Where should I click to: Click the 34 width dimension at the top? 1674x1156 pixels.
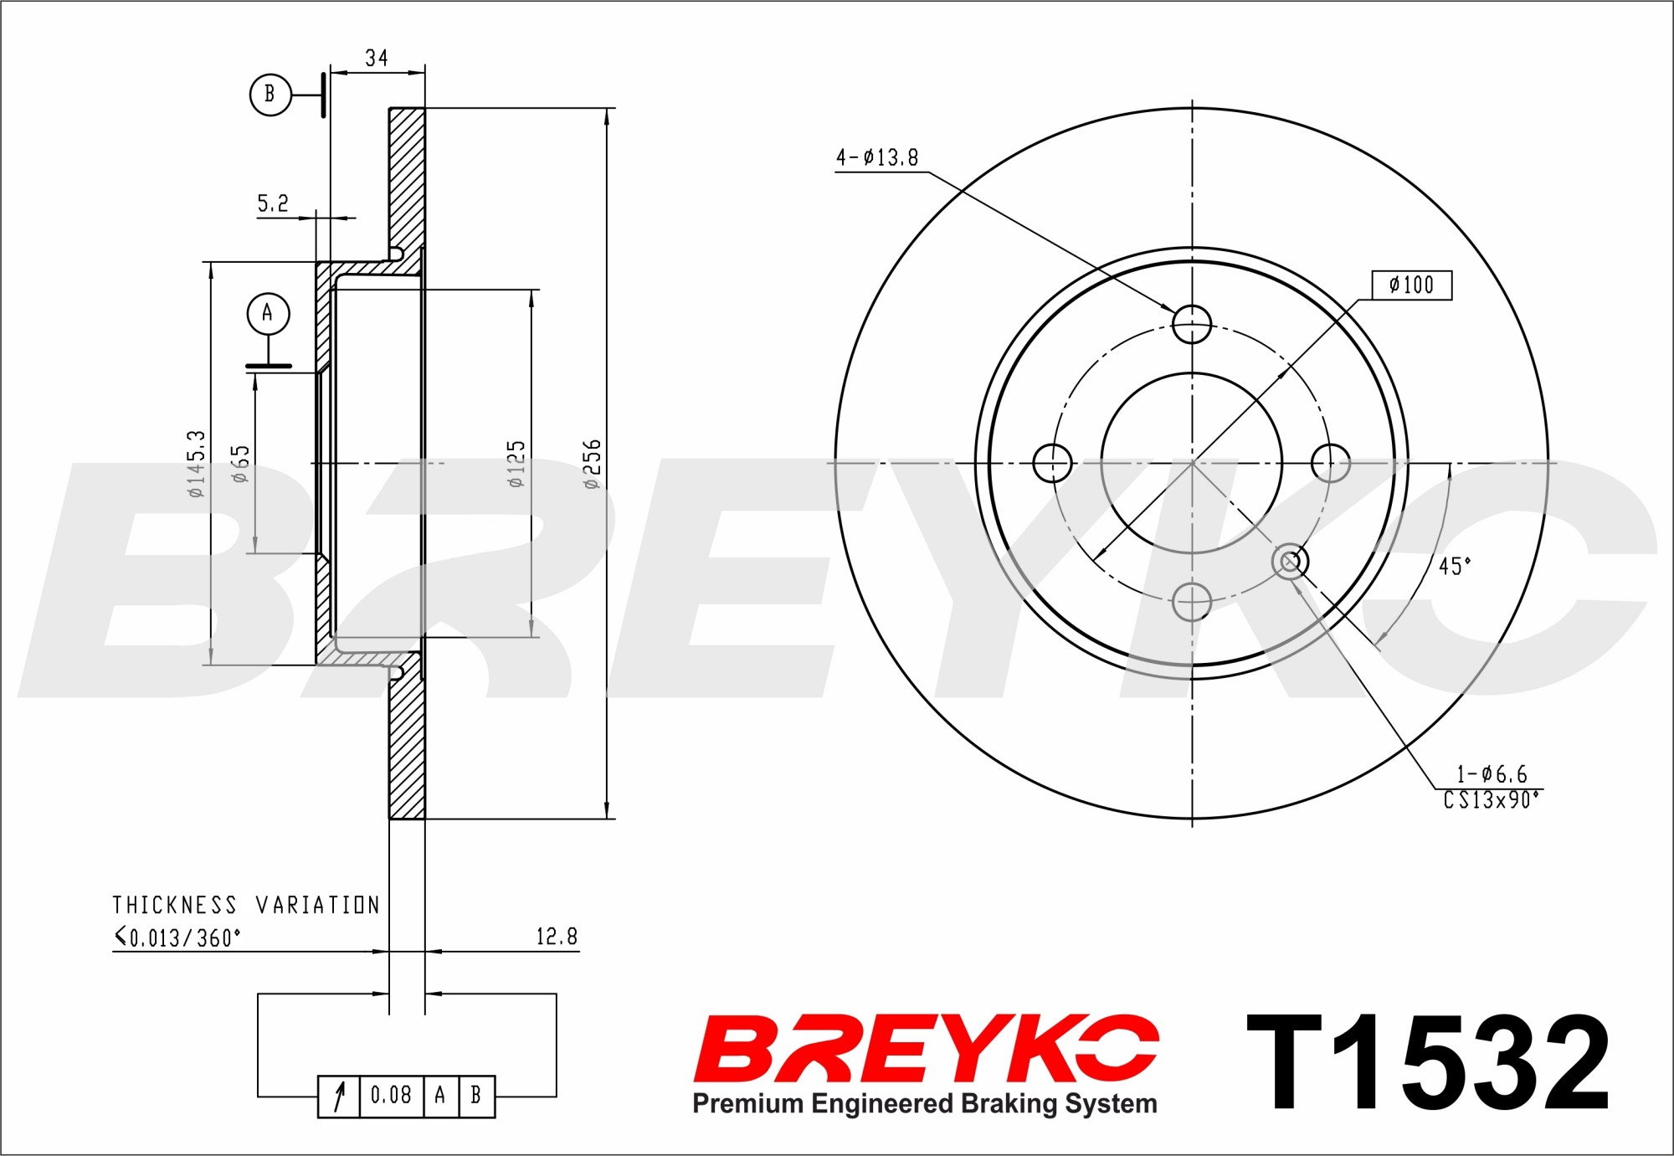click(377, 58)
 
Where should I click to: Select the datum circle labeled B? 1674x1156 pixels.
click(270, 94)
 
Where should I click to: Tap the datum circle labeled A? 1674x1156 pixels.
click(268, 313)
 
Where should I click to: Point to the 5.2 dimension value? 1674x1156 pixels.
click(273, 203)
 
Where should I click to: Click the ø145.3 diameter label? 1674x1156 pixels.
click(196, 464)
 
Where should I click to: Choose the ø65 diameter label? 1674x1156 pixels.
click(240, 464)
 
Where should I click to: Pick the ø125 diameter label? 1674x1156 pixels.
click(516, 464)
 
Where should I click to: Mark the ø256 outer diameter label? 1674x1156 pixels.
click(591, 464)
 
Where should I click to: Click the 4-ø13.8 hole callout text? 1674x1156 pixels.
click(877, 157)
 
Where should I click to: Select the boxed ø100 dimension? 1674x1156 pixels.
click(1412, 285)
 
